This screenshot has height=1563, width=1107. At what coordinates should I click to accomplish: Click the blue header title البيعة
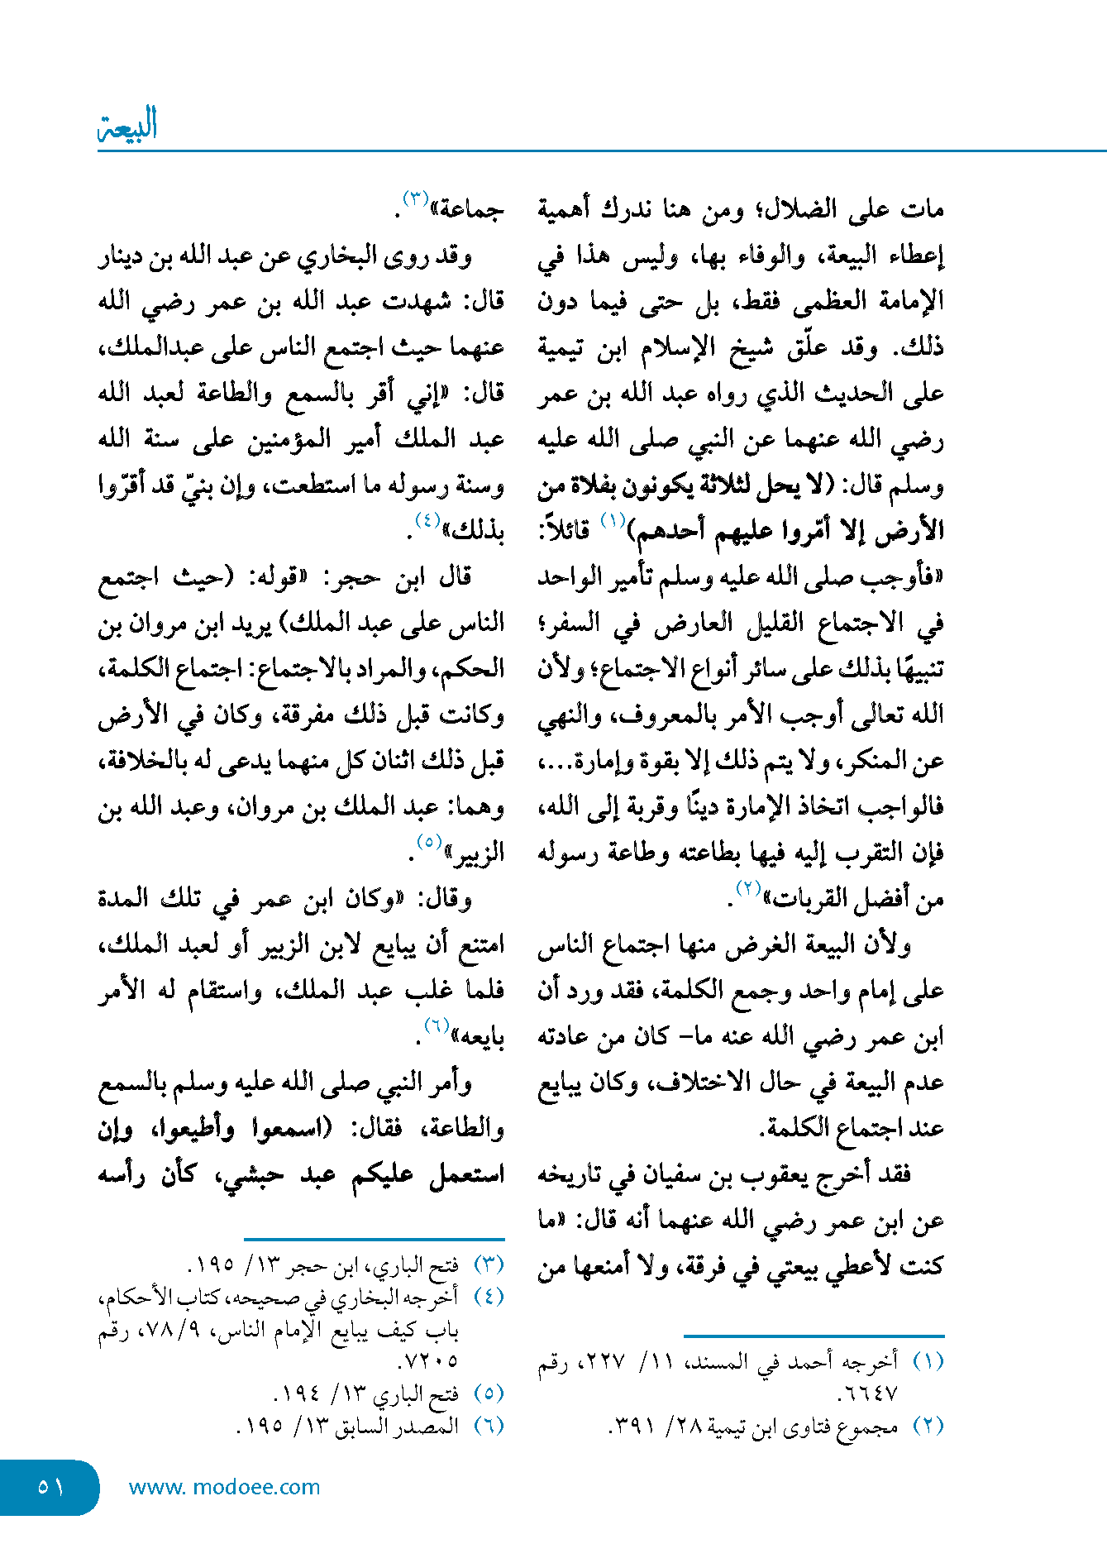coord(128,126)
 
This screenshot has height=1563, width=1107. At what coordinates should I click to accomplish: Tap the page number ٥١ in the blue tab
coord(50,1487)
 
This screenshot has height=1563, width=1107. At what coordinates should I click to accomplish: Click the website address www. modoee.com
coord(224,1487)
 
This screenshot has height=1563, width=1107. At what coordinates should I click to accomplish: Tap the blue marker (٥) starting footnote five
coord(489,1393)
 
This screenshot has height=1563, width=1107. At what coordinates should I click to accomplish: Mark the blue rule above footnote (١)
coord(814,1335)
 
